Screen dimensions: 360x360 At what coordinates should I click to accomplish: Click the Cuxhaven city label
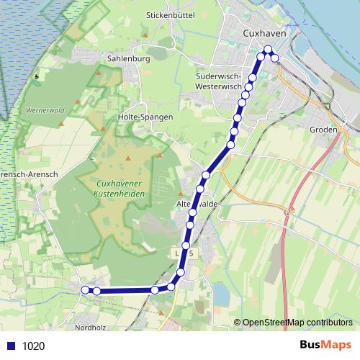click(x=266, y=33)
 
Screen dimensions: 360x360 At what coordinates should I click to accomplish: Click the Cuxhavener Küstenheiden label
click(x=120, y=188)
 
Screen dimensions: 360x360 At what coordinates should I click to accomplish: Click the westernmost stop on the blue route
click(x=85, y=289)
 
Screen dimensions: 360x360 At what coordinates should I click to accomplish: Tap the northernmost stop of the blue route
click(x=268, y=50)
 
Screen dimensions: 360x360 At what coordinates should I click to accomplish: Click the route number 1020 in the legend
click(x=33, y=346)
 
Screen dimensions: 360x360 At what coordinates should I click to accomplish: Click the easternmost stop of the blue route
click(x=275, y=58)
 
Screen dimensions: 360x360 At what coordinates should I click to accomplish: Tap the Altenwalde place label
click(x=197, y=204)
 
